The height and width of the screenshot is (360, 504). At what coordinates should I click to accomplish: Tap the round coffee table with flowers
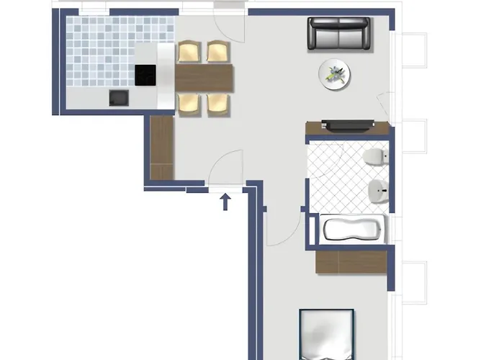click(x=336, y=73)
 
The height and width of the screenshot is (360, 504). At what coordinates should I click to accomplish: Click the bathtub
click(x=351, y=230)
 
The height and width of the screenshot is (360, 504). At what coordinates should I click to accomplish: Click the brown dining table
click(x=205, y=78)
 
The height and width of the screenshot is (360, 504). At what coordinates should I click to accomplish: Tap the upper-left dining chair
click(x=187, y=52)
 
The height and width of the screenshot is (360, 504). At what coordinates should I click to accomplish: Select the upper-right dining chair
click(x=217, y=52)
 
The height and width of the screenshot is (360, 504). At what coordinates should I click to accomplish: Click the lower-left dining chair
click(x=188, y=103)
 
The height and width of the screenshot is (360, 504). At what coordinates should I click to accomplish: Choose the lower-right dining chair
click(x=218, y=103)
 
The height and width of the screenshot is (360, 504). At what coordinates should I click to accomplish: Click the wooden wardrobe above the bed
click(x=351, y=261)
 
